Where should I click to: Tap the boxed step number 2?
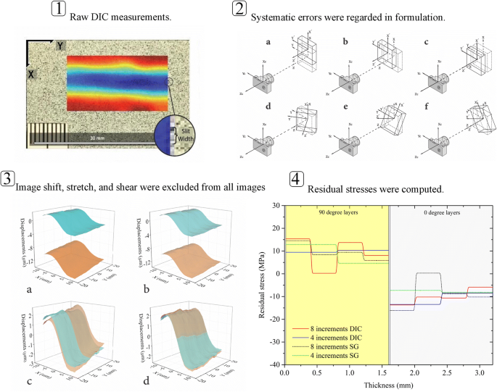coord(239,10)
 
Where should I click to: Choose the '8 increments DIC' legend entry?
coord(335,329)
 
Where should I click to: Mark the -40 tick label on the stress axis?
coord(276,364)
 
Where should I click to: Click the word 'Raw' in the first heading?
coord(81,15)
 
